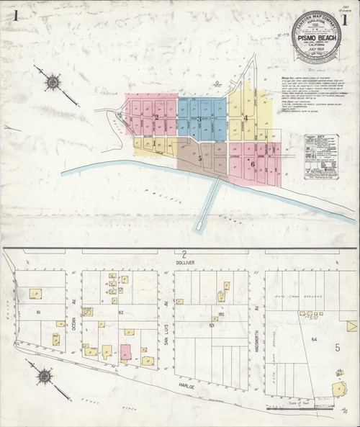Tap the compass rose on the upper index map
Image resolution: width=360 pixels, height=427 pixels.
pyautogui.click(x=53, y=82)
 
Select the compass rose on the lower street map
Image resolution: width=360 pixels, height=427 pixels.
pyautogui.click(x=45, y=374)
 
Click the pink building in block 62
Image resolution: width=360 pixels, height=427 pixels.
pyautogui.click(x=125, y=352)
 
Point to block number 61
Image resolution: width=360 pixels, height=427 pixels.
pyautogui.click(x=37, y=311)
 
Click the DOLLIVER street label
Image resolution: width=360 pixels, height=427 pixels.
pyautogui.click(x=184, y=264)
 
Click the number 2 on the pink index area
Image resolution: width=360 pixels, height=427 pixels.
pyautogui.click(x=156, y=117)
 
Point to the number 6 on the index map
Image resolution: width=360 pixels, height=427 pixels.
pyautogui.click(x=253, y=163)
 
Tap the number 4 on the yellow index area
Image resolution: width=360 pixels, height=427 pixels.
pyautogui.click(x=246, y=117)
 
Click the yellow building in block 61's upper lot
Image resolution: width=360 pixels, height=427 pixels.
pyautogui.click(x=35, y=293)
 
